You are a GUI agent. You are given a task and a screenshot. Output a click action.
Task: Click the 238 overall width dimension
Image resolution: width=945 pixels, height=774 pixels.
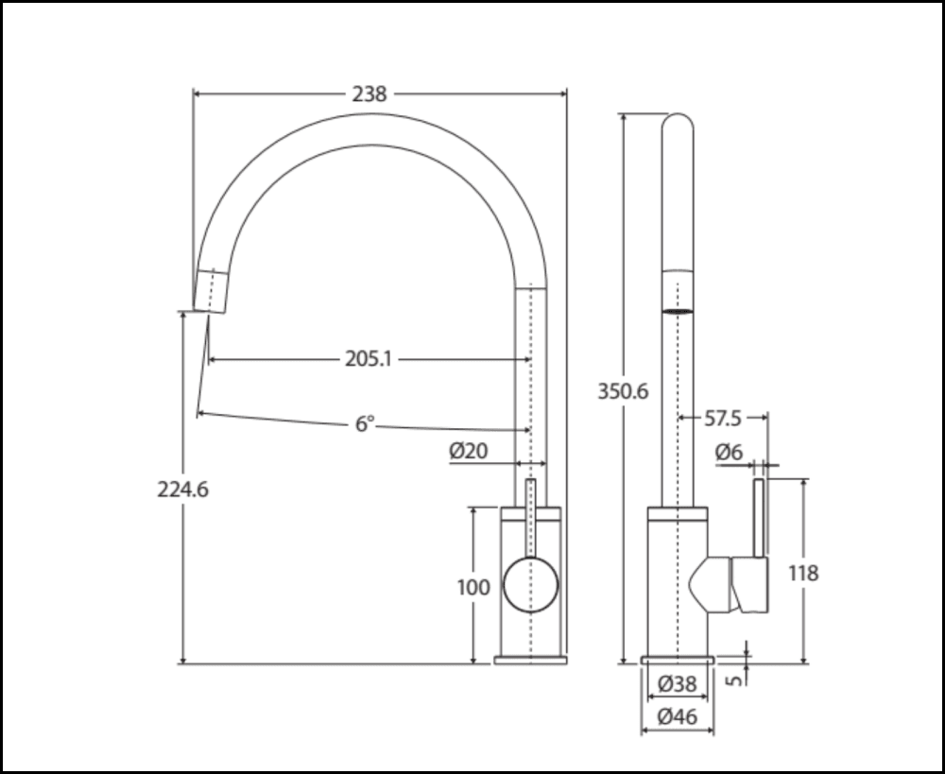coord(369,94)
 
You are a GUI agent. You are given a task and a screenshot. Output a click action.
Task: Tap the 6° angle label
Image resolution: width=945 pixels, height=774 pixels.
coord(365,424)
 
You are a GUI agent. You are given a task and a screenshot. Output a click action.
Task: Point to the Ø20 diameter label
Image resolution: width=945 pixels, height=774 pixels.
coord(469,452)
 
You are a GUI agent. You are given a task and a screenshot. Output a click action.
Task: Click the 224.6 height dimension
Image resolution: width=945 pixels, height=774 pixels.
coord(182,490)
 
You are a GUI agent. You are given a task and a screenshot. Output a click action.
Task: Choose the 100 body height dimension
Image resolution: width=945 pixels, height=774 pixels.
coord(473,587)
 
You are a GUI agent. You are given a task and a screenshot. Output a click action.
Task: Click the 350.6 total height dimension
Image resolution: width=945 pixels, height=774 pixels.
coord(623,390)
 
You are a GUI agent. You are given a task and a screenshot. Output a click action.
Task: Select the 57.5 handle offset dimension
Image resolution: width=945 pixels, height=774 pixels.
coord(722,416)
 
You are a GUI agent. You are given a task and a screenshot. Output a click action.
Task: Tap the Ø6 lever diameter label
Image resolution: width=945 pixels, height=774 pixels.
coord(729,453)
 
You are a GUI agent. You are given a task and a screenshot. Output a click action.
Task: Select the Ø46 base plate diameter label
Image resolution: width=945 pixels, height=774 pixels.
coord(677,716)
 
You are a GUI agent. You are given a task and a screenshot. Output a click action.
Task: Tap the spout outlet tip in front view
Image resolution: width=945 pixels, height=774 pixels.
coord(212,292)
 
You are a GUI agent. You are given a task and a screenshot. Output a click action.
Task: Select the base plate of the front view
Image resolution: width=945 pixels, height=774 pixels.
coord(530,659)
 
